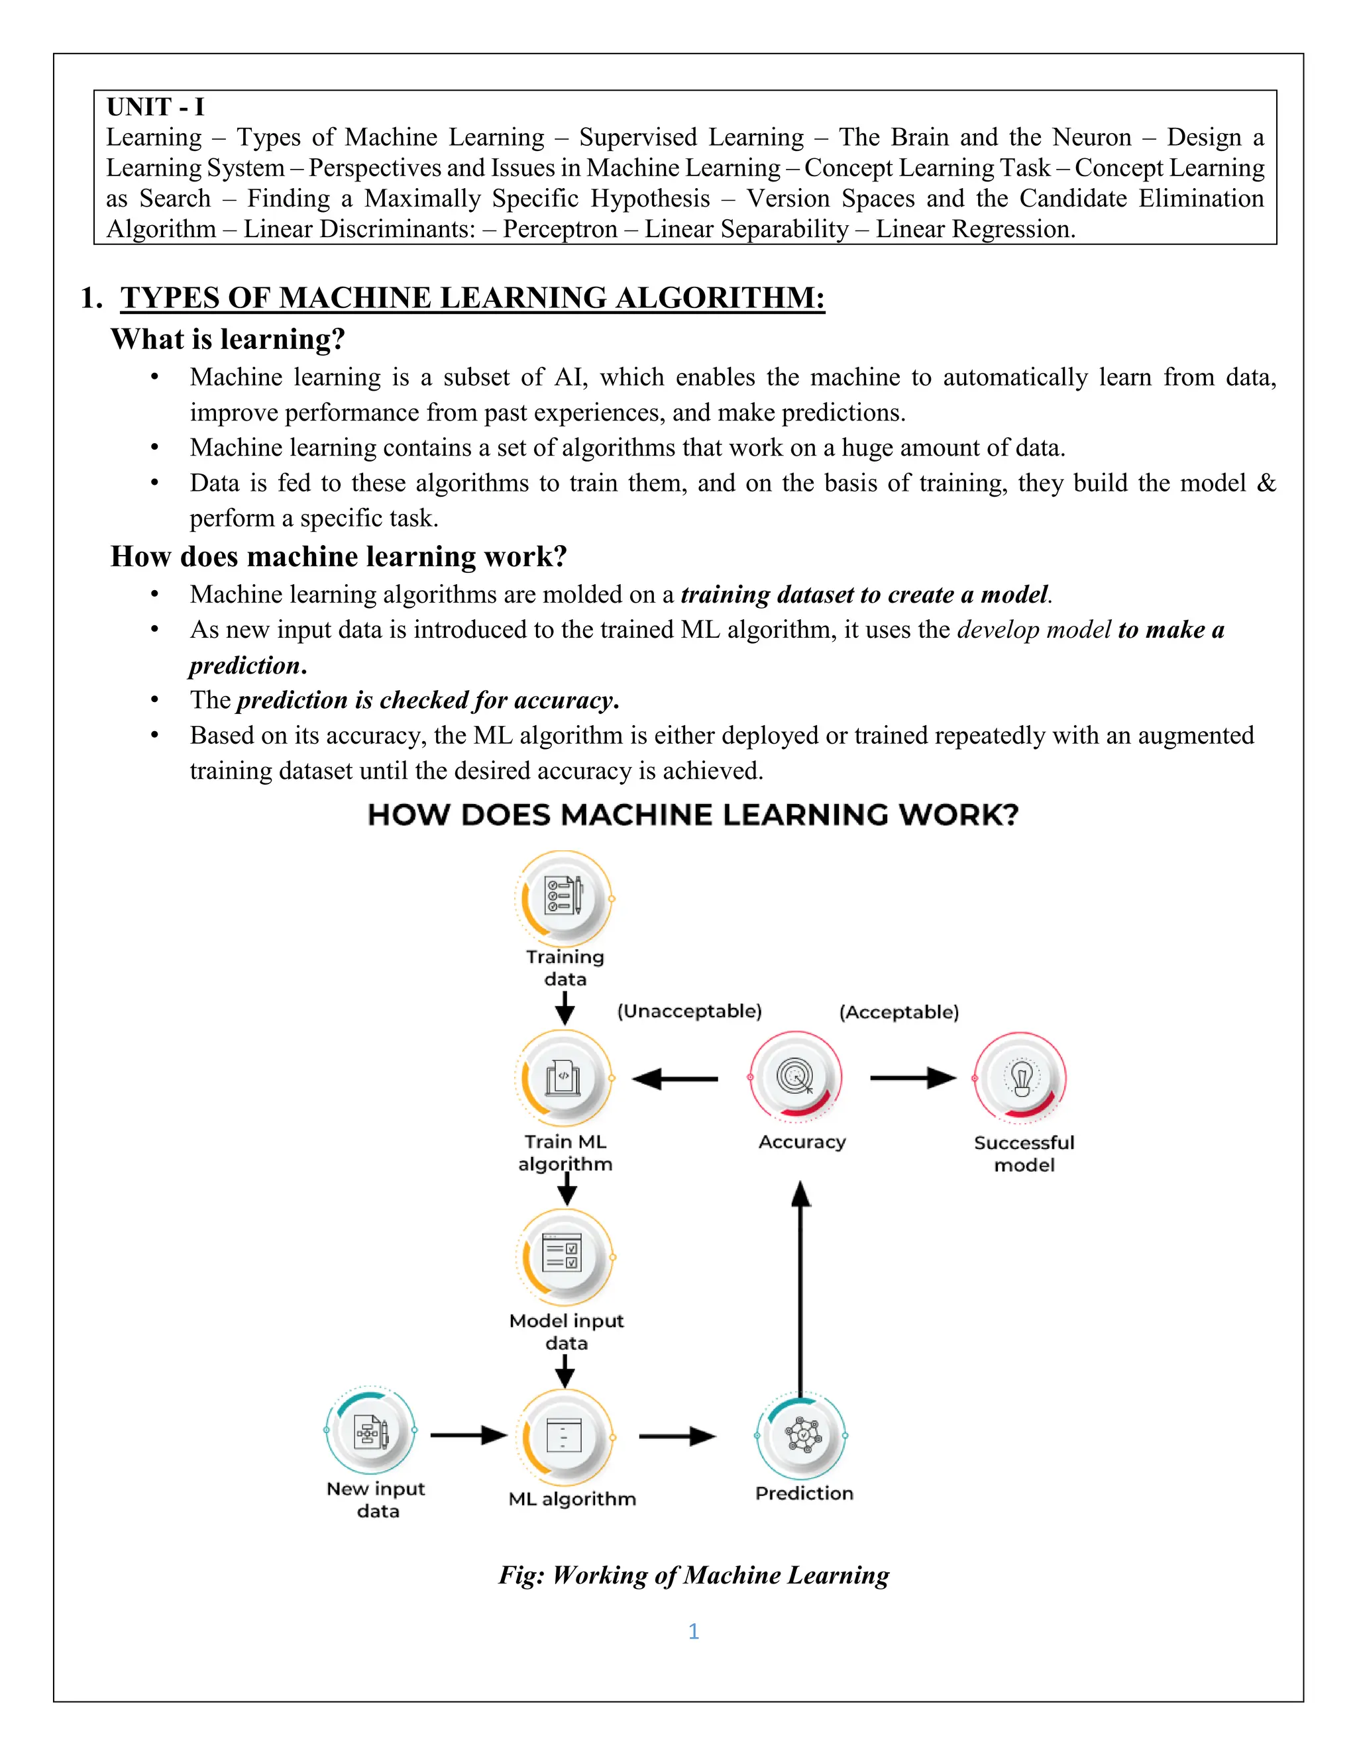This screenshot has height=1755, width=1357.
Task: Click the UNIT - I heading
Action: click(x=155, y=107)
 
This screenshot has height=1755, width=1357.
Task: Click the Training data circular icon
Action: click(x=565, y=899)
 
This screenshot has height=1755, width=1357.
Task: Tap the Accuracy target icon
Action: click(x=795, y=1078)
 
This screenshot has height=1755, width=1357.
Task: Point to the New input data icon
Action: click(x=370, y=1431)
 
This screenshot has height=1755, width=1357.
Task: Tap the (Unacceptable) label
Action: click(x=689, y=1011)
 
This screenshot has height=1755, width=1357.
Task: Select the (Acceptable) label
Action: click(x=898, y=1012)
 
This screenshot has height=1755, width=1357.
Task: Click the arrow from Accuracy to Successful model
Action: click(x=912, y=1078)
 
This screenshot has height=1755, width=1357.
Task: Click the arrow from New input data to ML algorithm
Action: click(x=468, y=1435)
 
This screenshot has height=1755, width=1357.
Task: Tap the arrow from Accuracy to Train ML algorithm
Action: click(x=675, y=1078)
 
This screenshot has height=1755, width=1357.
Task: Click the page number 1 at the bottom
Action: click(x=693, y=1631)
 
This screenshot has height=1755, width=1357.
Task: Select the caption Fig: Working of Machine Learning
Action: click(x=693, y=1574)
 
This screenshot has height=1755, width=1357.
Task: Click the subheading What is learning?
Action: click(x=227, y=339)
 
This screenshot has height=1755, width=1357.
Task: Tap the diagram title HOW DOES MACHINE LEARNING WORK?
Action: click(x=692, y=815)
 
